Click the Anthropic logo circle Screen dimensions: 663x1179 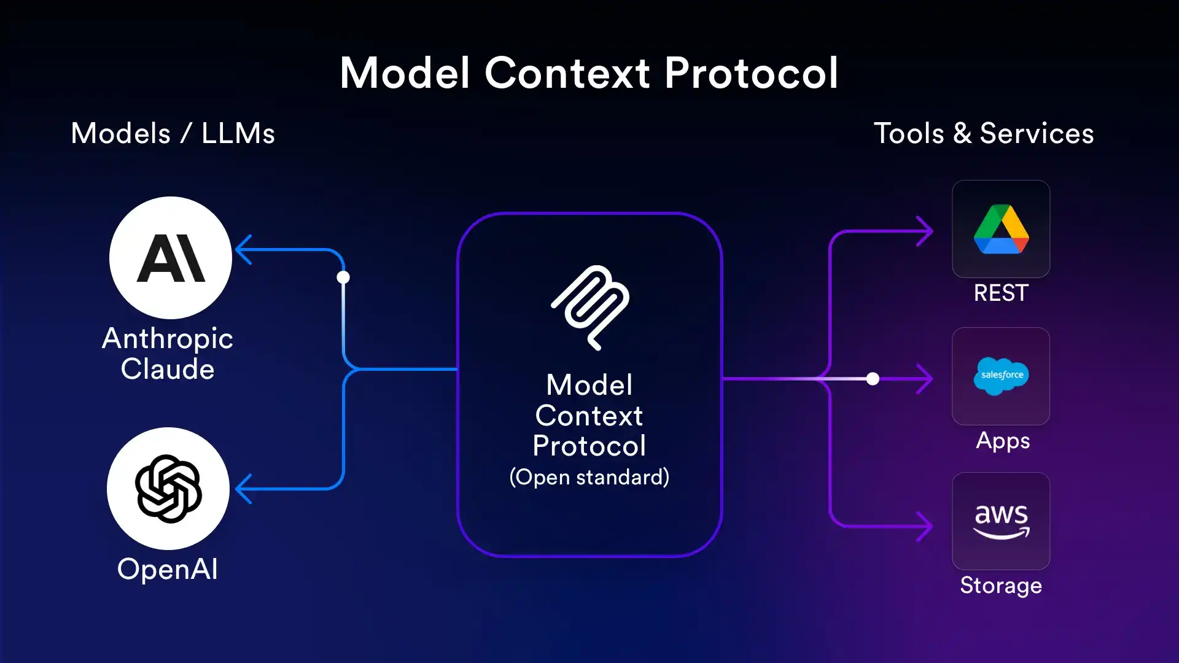pos(171,258)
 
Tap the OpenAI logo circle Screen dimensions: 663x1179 pos(168,489)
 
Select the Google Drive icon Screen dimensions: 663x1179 pos(1001,229)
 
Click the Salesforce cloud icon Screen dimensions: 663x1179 pos(1001,376)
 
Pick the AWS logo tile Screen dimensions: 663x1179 pos(1001,521)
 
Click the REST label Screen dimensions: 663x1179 pos(1001,293)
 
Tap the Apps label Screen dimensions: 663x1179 pos(1003,441)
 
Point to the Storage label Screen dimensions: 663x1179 pos(1001,586)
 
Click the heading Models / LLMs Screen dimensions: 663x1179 pos(173,133)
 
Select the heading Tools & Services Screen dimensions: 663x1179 pos(984,133)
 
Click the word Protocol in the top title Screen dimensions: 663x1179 pos(751,73)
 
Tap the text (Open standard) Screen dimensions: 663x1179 pos(589,477)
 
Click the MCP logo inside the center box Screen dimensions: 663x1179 pos(590,308)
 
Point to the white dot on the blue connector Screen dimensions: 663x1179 pos(343,277)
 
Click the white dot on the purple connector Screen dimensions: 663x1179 pos(873,379)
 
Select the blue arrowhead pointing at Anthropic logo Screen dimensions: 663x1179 pos(244,250)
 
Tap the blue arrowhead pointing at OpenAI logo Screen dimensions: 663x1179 pos(244,489)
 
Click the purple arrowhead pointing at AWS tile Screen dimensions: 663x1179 pos(925,526)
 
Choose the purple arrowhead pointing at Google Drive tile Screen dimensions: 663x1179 pos(925,231)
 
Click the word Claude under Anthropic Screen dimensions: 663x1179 pos(167,370)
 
